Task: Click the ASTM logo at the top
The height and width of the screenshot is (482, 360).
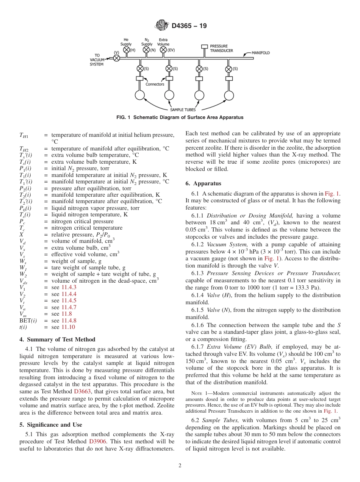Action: click(x=162, y=26)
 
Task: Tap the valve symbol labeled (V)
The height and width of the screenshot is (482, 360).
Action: click(x=117, y=58)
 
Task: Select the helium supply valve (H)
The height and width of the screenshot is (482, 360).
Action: click(x=127, y=50)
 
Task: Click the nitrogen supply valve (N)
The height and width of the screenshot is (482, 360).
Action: click(x=147, y=50)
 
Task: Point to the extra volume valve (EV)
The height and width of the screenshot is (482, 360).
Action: click(x=163, y=50)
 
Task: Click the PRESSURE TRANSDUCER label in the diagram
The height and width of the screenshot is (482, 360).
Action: click(x=221, y=49)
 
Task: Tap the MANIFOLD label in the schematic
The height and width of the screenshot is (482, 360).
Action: click(x=261, y=53)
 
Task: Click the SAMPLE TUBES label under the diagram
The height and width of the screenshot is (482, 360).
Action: click(x=182, y=110)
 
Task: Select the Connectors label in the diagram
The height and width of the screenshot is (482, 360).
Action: click(x=155, y=84)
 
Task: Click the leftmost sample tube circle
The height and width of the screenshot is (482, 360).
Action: click(x=140, y=95)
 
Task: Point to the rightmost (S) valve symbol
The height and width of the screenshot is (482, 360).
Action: click(x=229, y=69)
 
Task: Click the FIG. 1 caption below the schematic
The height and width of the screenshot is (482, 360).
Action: click(x=180, y=117)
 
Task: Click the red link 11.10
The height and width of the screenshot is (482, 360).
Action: click(x=68, y=327)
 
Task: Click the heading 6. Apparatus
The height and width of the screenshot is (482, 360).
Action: click(x=203, y=184)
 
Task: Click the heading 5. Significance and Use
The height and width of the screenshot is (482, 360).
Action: click(x=50, y=424)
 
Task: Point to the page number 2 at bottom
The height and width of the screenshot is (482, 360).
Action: click(x=180, y=466)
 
